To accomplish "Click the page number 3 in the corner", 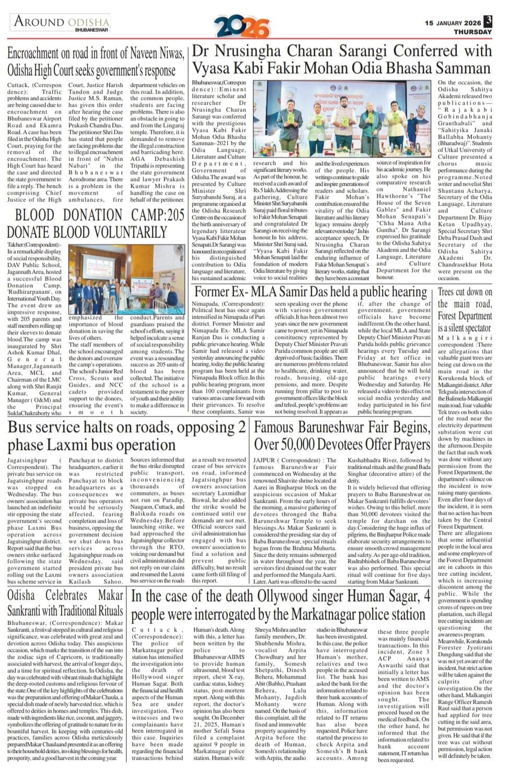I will [x=488, y=21].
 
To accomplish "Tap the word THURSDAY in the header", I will [x=473, y=32].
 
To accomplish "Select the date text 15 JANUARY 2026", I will [x=453, y=23].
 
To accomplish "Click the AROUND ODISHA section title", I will [x=62, y=22].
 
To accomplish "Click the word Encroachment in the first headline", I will [x=33, y=53].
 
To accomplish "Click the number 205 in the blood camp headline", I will [x=171, y=215].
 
